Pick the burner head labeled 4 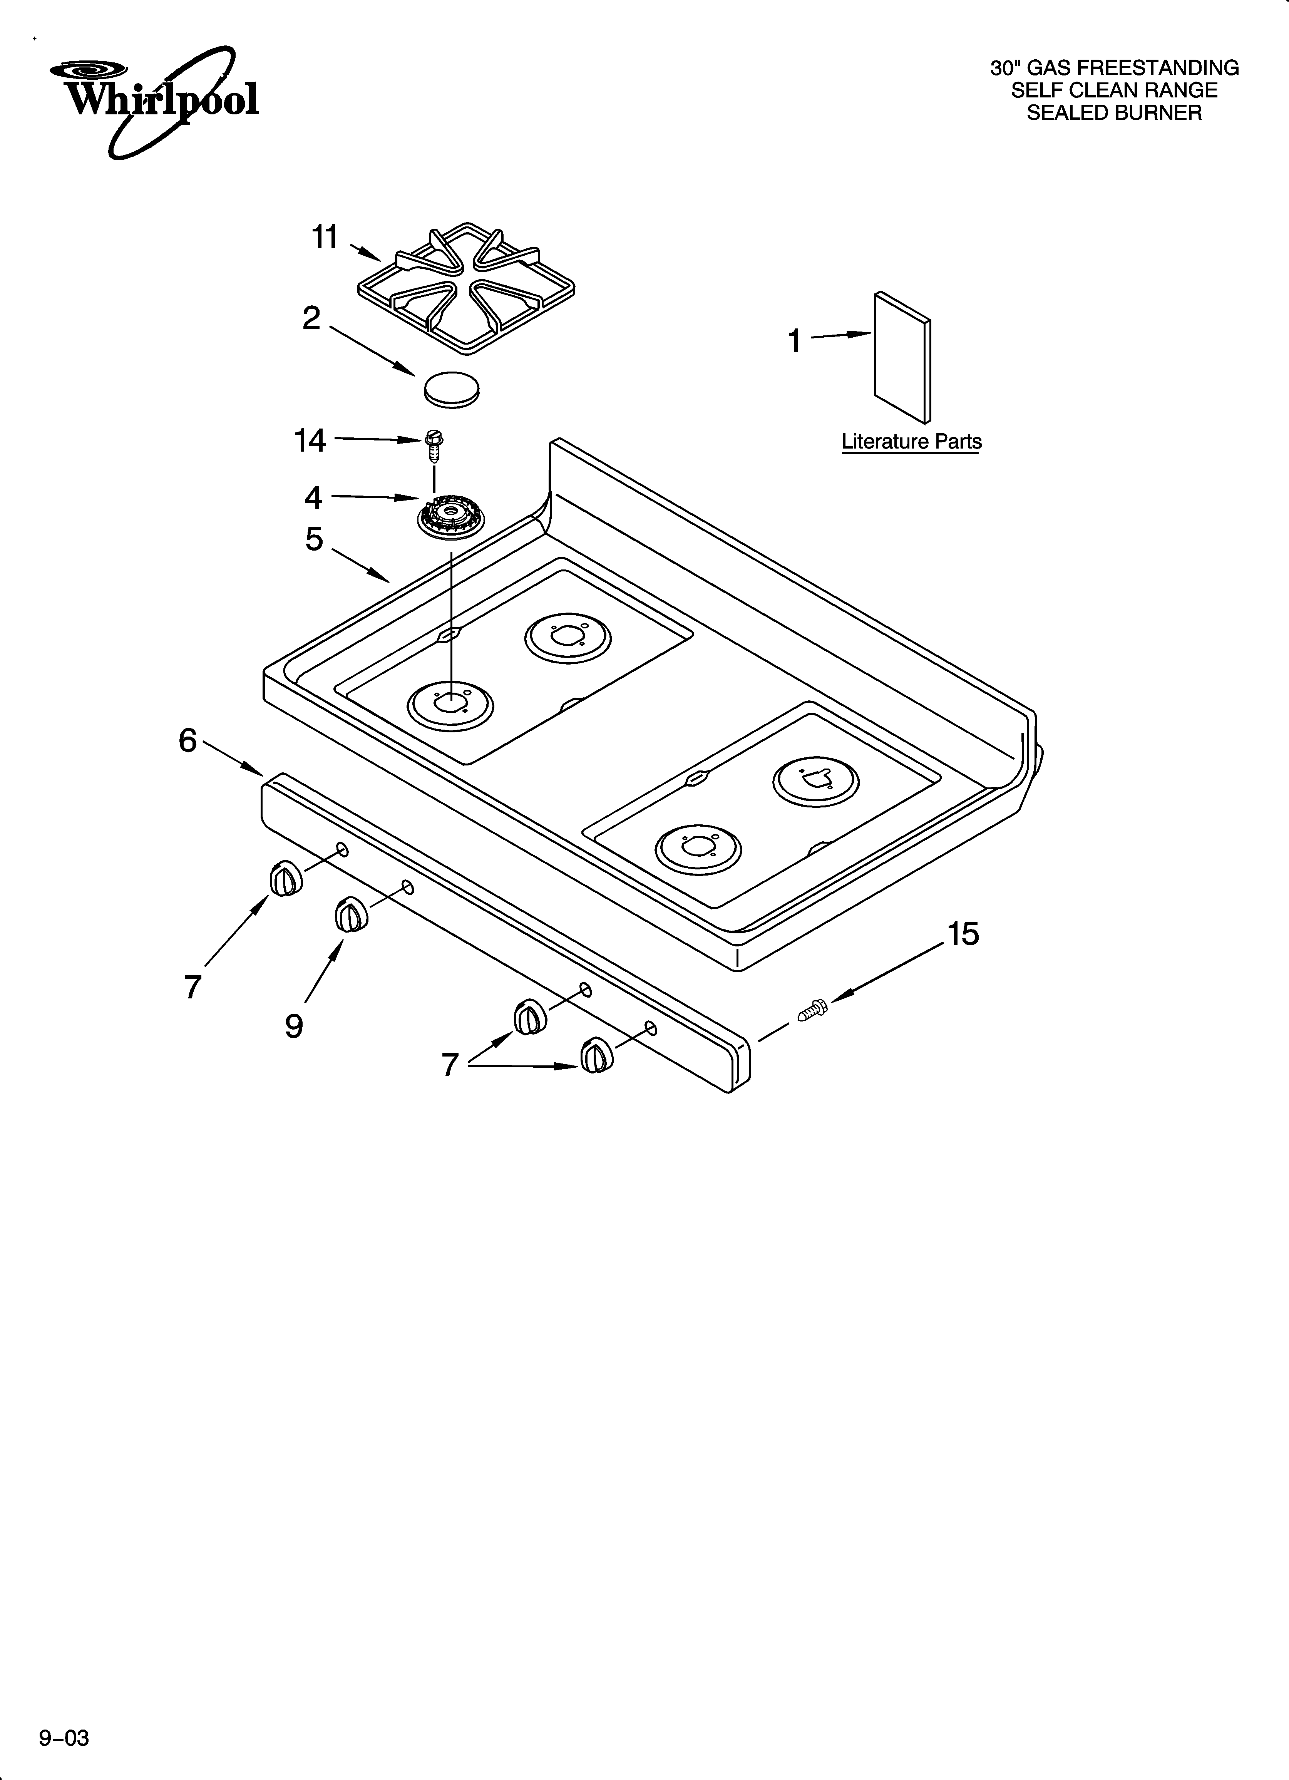pos(450,517)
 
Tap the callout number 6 pos(187,740)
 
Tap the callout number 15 pos(963,934)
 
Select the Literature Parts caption pos(911,442)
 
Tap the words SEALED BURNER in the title pos(1114,113)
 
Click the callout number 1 pos(794,342)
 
